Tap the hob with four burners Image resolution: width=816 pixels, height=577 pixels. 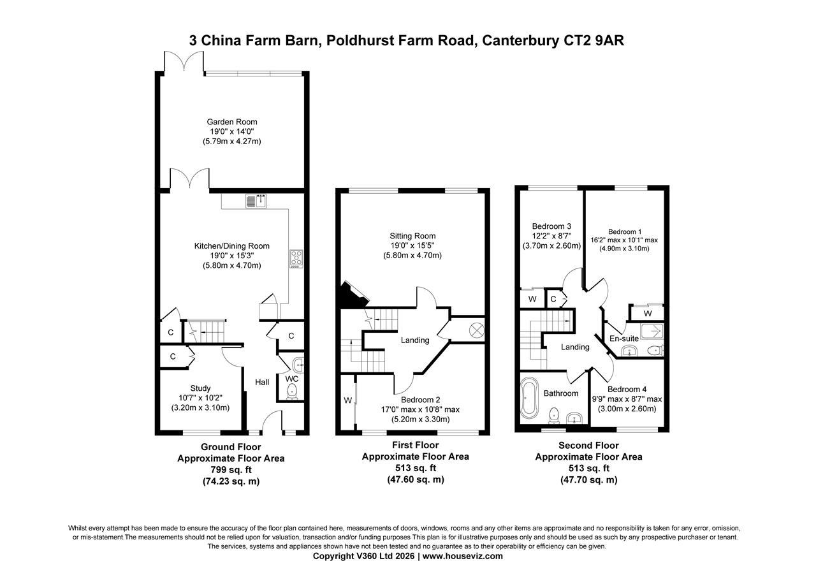[296, 258]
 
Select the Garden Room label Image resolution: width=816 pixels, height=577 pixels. [231, 122]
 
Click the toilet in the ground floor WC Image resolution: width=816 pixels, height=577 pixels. [292, 390]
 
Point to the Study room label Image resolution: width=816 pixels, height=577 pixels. [200, 388]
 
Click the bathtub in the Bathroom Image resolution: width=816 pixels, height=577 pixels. [529, 400]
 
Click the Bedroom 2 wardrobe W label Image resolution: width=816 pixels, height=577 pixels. [347, 400]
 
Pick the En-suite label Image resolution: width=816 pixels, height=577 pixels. [625, 339]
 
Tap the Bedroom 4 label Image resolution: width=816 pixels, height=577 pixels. [627, 390]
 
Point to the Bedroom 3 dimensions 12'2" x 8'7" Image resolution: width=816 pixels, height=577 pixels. [551, 236]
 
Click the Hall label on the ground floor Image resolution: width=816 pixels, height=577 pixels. [262, 382]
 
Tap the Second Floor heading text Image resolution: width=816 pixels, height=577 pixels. [588, 446]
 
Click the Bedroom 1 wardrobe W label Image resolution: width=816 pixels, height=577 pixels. [648, 313]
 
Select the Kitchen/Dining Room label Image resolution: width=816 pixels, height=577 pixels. [231, 246]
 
